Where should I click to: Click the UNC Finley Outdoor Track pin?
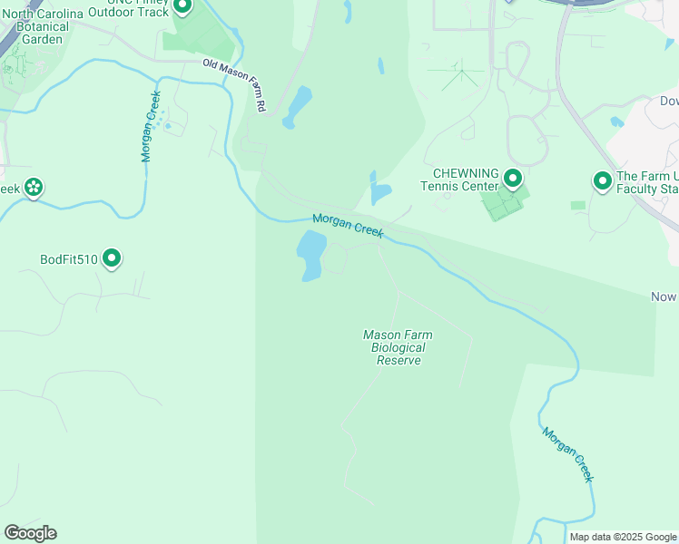tap(182, 6)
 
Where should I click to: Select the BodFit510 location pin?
tap(113, 259)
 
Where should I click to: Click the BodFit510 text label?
tap(69, 260)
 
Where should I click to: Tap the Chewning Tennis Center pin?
tap(513, 179)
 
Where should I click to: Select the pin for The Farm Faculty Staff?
tap(602, 181)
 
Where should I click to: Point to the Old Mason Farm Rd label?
tap(235, 85)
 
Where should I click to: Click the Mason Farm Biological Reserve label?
tap(399, 347)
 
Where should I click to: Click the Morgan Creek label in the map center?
tap(349, 227)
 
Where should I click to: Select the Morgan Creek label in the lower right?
tap(567, 454)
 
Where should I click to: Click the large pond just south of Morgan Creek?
tap(310, 255)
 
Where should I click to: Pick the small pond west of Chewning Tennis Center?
tap(379, 190)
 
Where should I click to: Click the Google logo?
tap(30, 532)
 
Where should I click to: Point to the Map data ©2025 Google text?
tap(623, 537)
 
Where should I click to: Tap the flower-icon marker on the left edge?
tap(34, 188)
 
